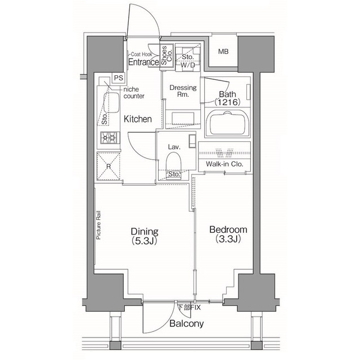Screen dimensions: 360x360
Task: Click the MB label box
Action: [223, 52]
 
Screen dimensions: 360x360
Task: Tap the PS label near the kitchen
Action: [118, 78]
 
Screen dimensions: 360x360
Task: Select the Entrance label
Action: [143, 62]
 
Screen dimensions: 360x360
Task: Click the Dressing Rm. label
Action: [183, 91]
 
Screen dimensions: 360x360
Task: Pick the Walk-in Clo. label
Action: [224, 164]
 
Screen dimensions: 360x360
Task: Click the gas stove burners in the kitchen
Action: [109, 137]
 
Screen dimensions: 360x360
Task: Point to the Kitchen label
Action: [138, 119]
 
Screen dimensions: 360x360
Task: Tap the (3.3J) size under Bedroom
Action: [228, 239]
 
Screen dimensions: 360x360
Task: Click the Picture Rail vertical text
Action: [98, 226]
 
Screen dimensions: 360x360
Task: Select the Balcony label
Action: [186, 324]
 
